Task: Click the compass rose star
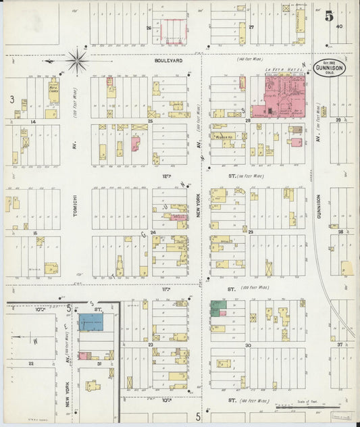(x=78, y=62)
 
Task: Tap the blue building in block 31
(x=91, y=322)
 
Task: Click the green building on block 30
(x=217, y=308)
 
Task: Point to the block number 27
(x=251, y=28)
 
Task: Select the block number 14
(x=32, y=122)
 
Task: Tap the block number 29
(x=250, y=232)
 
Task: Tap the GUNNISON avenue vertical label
(x=318, y=211)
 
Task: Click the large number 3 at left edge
(x=11, y=99)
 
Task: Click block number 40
(x=338, y=27)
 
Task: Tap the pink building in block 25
(x=135, y=144)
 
